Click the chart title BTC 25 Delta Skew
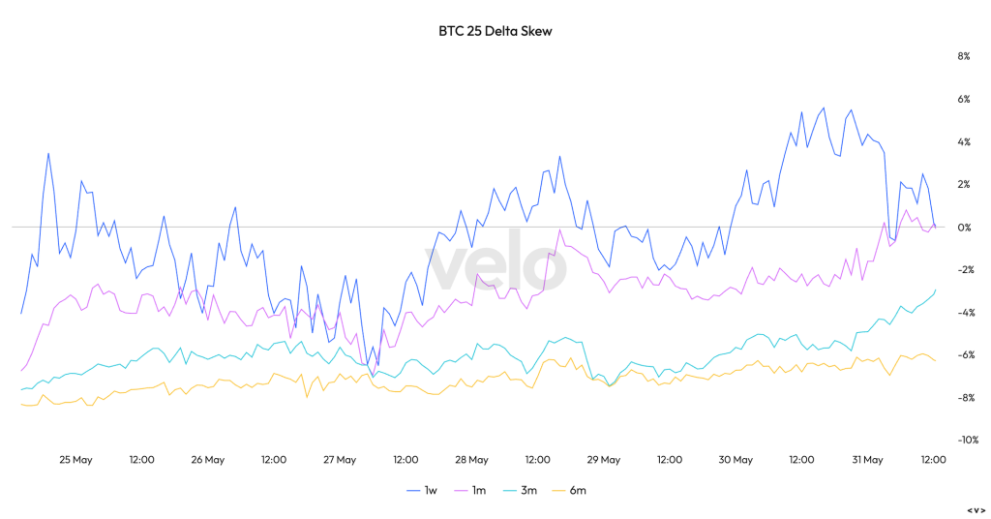click(495, 31)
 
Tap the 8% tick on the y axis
click(964, 56)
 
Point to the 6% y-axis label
click(964, 99)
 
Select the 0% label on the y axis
click(964, 228)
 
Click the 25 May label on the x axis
click(75, 460)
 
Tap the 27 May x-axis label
click(340, 460)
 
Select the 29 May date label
click(604, 460)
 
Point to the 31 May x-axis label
click(867, 460)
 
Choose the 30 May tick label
click(736, 460)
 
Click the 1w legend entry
click(422, 491)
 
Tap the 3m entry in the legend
click(521, 491)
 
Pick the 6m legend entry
click(570, 491)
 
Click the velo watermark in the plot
click(495, 267)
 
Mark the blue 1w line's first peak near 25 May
click(48, 153)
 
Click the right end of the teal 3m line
click(936, 290)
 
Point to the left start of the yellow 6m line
click(21, 404)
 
